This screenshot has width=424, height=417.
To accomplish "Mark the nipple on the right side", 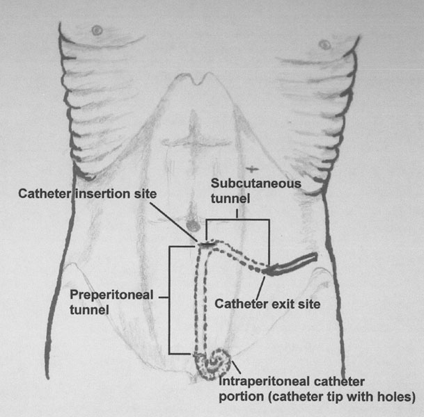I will point(324,44).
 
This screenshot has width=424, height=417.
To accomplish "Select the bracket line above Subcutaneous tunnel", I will point(238,220).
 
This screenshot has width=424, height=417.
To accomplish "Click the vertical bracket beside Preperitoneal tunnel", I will point(170,299).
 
